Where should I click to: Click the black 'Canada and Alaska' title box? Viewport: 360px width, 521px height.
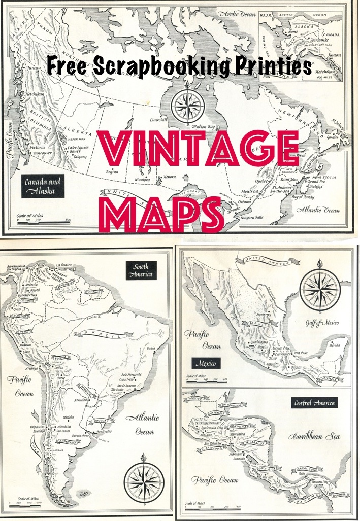click(x=43, y=186)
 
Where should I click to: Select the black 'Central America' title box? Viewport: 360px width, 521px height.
click(x=314, y=403)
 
